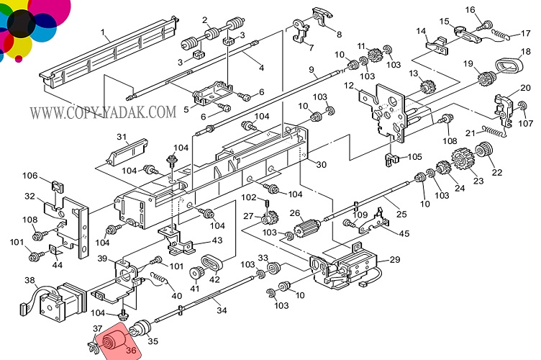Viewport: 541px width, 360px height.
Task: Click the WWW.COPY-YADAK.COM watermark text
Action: click(x=102, y=112)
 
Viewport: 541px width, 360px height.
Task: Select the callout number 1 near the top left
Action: click(x=104, y=32)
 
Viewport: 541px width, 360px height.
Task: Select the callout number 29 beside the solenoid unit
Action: click(x=394, y=260)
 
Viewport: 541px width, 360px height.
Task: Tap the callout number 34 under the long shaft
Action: click(x=222, y=310)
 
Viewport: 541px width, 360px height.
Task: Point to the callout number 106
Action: click(x=30, y=176)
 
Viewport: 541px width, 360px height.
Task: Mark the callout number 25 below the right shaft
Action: click(x=401, y=215)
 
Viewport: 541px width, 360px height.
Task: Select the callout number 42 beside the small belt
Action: click(x=214, y=279)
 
